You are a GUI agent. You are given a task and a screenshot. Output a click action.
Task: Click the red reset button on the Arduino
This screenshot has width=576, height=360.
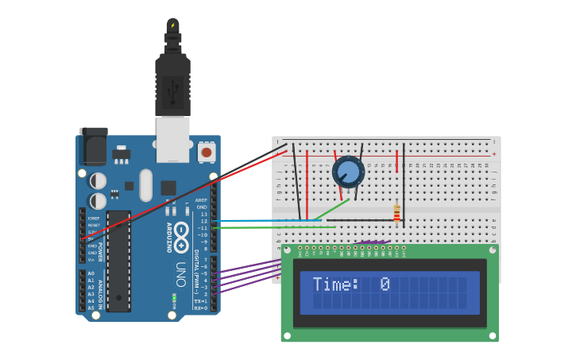(207, 151)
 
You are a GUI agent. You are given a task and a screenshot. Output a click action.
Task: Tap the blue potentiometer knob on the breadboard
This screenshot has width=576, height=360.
(348, 172)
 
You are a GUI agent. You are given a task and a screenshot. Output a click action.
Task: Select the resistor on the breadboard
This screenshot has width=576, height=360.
(396, 213)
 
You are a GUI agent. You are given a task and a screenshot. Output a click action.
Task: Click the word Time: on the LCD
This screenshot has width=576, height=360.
(335, 285)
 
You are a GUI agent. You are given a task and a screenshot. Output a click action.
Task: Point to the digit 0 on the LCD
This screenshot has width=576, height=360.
(385, 285)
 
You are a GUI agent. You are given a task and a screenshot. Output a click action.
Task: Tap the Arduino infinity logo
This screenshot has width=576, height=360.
(182, 236)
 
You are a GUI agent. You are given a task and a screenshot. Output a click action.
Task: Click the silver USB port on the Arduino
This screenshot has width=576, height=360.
(172, 139)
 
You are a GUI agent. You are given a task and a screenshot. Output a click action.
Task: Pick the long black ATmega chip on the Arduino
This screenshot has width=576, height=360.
(118, 261)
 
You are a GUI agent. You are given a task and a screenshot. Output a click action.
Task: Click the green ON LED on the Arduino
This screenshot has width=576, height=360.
(174, 300)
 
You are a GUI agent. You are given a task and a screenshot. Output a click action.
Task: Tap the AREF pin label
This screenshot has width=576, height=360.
(201, 200)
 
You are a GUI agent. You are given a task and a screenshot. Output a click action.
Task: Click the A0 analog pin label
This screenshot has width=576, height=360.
(91, 273)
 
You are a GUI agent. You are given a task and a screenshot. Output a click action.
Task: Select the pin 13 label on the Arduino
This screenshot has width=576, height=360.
(203, 215)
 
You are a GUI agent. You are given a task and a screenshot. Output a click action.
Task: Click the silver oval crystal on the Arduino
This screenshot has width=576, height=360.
(145, 185)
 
